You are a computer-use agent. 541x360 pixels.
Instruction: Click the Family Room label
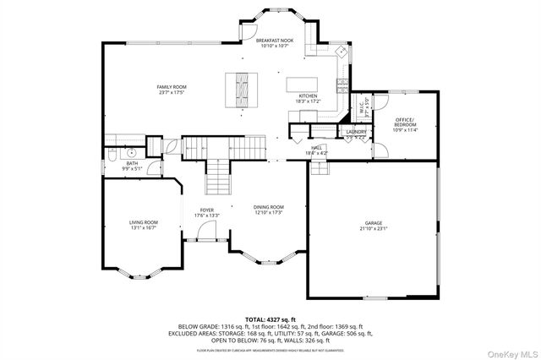coord(172,87)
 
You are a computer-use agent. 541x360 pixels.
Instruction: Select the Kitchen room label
coord(308,96)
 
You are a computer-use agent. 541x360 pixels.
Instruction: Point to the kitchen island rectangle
coord(305,85)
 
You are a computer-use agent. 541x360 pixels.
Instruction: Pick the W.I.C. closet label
coord(362,108)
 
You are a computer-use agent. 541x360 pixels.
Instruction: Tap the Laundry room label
coord(355,132)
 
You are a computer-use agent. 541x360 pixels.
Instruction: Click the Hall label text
coord(318,147)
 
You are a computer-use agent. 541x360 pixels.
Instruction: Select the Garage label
coord(374,223)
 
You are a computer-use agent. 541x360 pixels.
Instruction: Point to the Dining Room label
coord(269,207)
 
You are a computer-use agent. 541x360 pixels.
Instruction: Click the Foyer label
coord(207,210)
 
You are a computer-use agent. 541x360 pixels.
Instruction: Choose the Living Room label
coord(144,222)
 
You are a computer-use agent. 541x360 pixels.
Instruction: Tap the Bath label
coord(133,163)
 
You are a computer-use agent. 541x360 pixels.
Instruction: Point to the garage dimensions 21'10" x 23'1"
coord(374,228)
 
